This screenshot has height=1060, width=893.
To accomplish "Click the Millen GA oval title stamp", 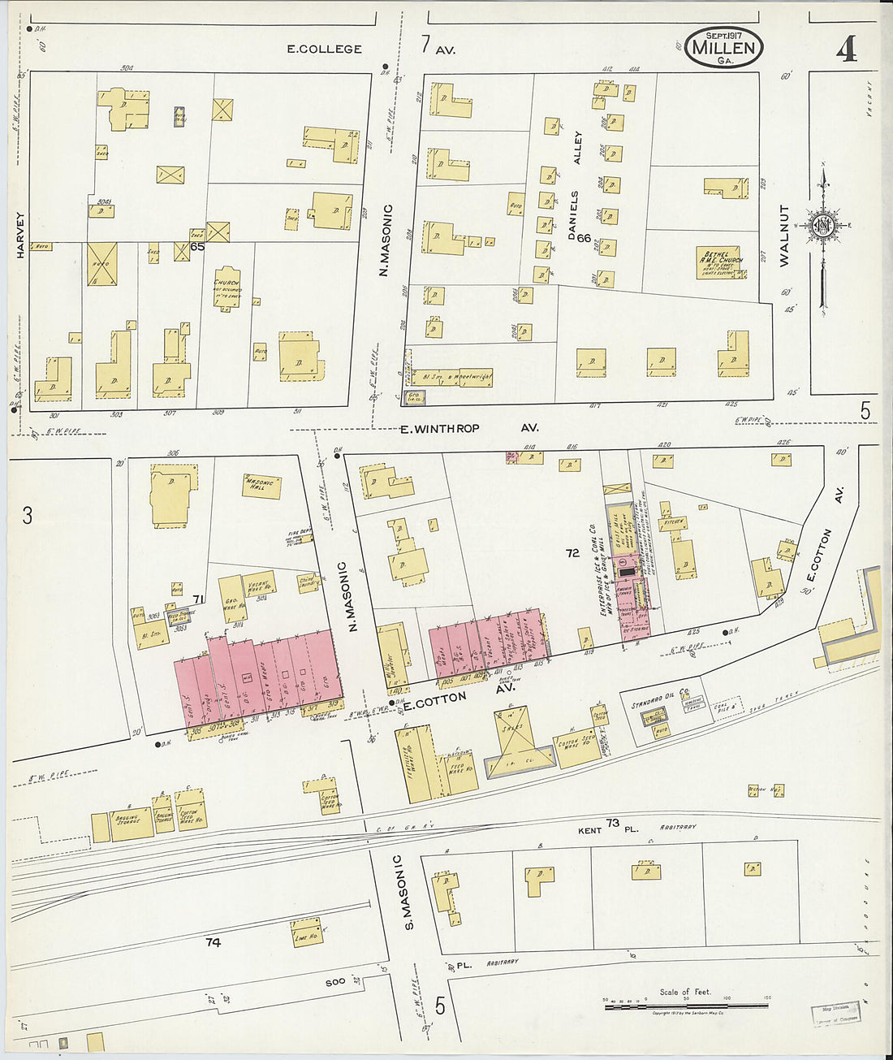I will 723,46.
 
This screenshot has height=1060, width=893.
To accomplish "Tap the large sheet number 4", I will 846,50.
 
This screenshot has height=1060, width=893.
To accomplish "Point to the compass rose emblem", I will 823,225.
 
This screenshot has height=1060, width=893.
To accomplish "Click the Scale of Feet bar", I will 686,1006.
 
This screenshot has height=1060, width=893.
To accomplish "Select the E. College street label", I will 324,49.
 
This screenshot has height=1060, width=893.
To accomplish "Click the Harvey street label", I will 20,236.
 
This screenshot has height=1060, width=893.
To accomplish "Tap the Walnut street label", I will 784,236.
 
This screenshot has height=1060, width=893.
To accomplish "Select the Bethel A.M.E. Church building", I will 722,262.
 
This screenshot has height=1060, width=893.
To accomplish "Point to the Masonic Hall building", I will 262,486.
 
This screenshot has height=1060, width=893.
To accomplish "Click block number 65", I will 197,246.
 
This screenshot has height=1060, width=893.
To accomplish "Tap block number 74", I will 213,942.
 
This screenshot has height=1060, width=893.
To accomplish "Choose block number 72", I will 572,552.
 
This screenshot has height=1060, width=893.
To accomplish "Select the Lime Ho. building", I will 305,934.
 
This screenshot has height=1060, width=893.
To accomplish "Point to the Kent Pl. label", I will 598,831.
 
